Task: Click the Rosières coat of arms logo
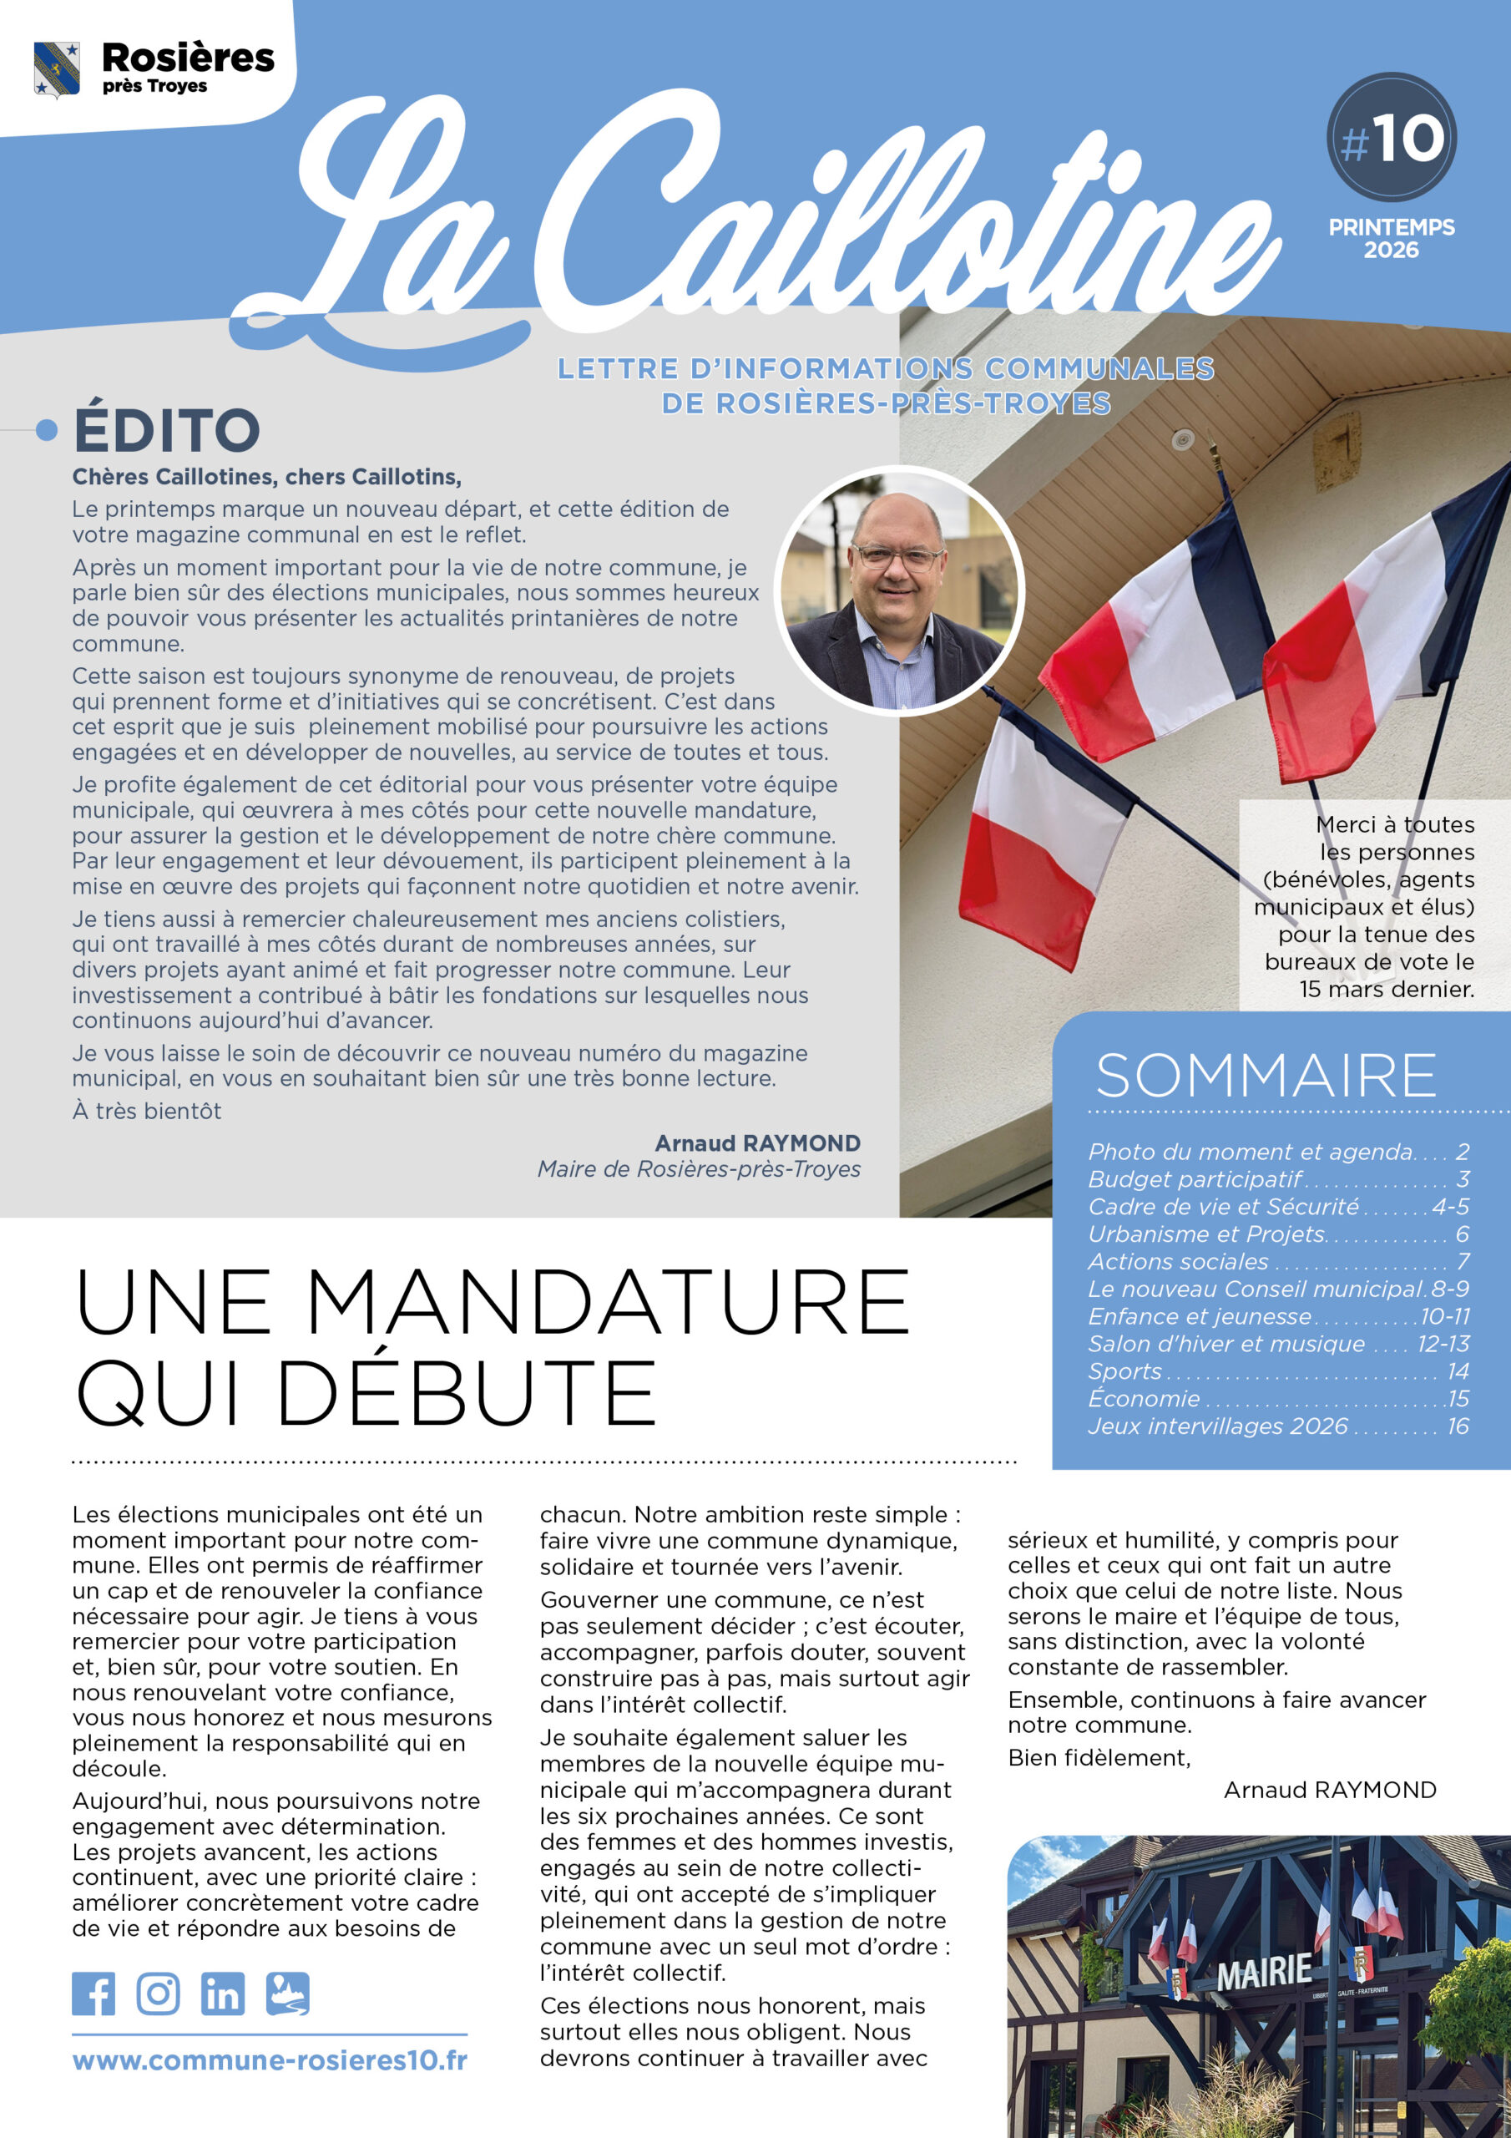[56, 69]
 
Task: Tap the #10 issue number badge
[1391, 138]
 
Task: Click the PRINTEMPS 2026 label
[1391, 238]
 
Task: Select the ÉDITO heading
[167, 430]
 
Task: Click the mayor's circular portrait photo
[899, 590]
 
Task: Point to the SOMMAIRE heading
[1266, 1076]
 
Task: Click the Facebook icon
[93, 1994]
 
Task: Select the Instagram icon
[159, 1994]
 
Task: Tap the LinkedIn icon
[223, 1994]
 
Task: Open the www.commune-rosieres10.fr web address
[270, 2059]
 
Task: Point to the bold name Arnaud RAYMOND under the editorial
[757, 1143]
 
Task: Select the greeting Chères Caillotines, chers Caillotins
[267, 477]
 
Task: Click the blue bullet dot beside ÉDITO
[47, 430]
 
